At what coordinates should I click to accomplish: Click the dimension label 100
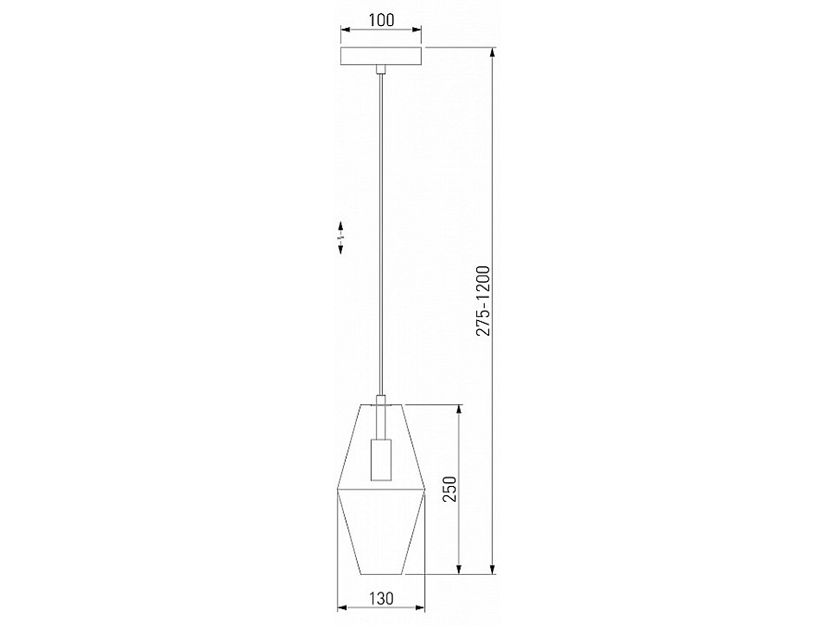click(x=382, y=20)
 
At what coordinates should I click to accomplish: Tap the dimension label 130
click(x=382, y=598)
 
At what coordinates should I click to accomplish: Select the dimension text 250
click(x=450, y=489)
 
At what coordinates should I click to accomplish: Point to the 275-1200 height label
click(x=483, y=300)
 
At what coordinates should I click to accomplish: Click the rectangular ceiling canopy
click(x=382, y=57)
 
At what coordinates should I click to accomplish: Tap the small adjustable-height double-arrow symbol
click(x=340, y=237)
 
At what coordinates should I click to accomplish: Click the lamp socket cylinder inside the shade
click(x=382, y=459)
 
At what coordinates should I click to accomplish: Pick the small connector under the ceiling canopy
click(x=381, y=70)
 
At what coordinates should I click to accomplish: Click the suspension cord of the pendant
click(x=381, y=235)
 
